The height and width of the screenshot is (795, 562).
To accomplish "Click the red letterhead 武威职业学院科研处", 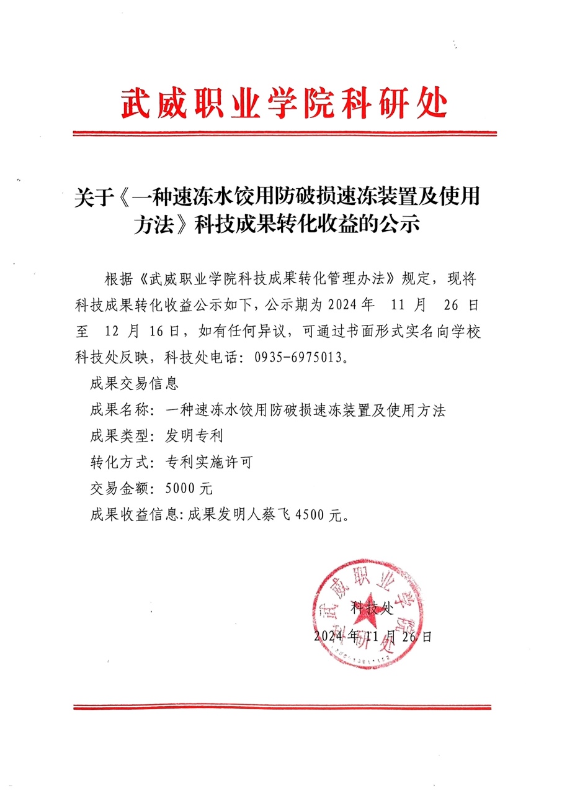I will click(x=283, y=103).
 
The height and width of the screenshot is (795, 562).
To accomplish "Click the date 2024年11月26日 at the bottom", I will click(x=372, y=637).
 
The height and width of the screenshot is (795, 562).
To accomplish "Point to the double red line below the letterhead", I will click(x=284, y=133).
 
